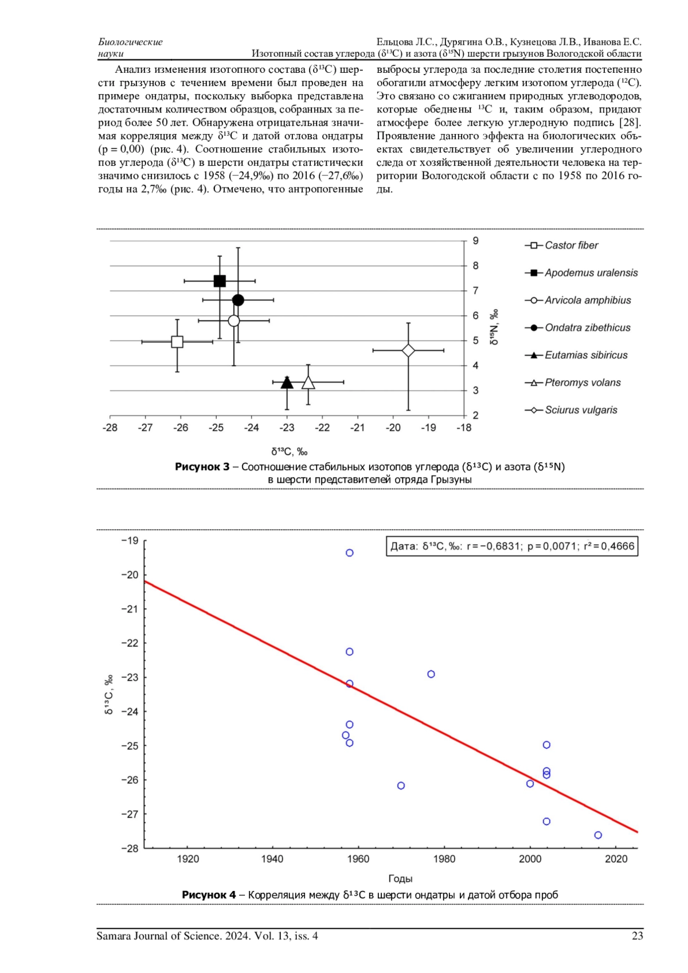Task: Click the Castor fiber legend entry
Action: point(571,245)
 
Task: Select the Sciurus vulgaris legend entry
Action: point(581,410)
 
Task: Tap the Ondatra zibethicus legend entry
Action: point(587,327)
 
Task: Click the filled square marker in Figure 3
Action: point(220,281)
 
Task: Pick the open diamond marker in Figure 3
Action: point(408,350)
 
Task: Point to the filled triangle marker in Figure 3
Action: point(287,382)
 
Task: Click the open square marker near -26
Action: point(177,342)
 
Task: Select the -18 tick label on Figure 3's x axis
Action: point(463,428)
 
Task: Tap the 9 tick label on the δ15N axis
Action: point(475,241)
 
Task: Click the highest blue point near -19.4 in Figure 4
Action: point(350,553)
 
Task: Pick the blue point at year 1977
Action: point(431,674)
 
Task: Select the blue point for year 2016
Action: point(598,835)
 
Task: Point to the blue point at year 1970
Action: point(401,786)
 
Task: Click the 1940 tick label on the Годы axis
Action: point(272,859)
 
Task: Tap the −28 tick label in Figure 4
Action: point(130,849)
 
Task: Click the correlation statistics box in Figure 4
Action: point(512,546)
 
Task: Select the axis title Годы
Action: point(400,878)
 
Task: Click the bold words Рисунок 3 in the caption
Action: point(202,467)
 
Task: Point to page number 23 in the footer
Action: point(637,936)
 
